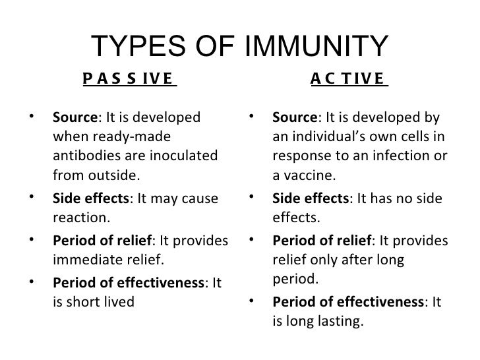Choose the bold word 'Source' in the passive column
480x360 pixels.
click(74, 117)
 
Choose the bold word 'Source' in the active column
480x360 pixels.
click(294, 117)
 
